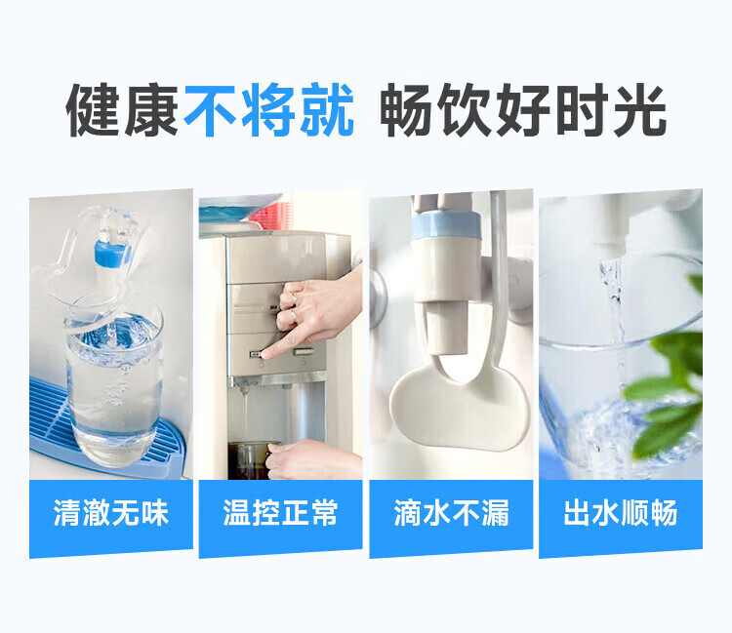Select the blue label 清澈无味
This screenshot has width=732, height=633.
pos(111,514)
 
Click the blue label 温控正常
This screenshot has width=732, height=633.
pos(281,514)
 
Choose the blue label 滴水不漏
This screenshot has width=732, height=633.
pos(451,514)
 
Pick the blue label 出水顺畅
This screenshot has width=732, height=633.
pos(621,514)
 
